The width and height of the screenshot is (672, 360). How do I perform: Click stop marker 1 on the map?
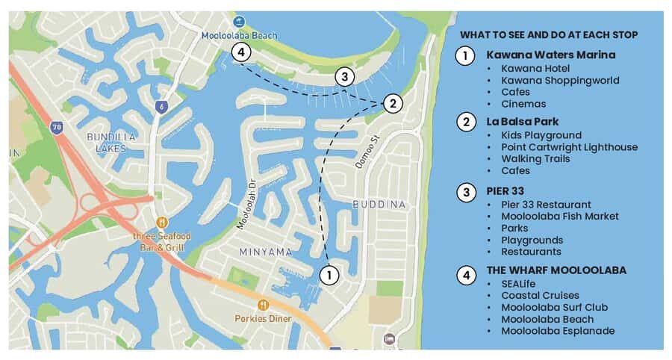(x=329, y=275)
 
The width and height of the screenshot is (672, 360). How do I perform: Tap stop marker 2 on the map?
(x=393, y=104)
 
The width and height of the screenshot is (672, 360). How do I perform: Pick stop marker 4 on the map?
(x=240, y=52)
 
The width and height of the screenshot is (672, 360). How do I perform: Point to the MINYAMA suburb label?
(x=265, y=252)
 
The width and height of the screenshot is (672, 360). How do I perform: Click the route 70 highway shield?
(x=57, y=128)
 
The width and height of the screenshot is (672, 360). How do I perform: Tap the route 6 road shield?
(x=161, y=107)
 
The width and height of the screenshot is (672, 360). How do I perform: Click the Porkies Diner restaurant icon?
(x=263, y=305)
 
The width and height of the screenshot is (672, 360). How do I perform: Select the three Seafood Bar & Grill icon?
(x=162, y=222)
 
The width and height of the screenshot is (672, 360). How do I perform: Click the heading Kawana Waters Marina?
(x=550, y=55)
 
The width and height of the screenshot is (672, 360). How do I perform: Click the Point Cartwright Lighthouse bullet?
(x=569, y=147)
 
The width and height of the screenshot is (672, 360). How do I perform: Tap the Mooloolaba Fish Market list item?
(x=559, y=217)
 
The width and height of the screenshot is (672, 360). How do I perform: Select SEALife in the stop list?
(x=518, y=284)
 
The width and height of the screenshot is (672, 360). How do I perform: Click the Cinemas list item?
(x=523, y=104)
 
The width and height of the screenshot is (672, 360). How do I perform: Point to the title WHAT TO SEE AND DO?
(x=549, y=34)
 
